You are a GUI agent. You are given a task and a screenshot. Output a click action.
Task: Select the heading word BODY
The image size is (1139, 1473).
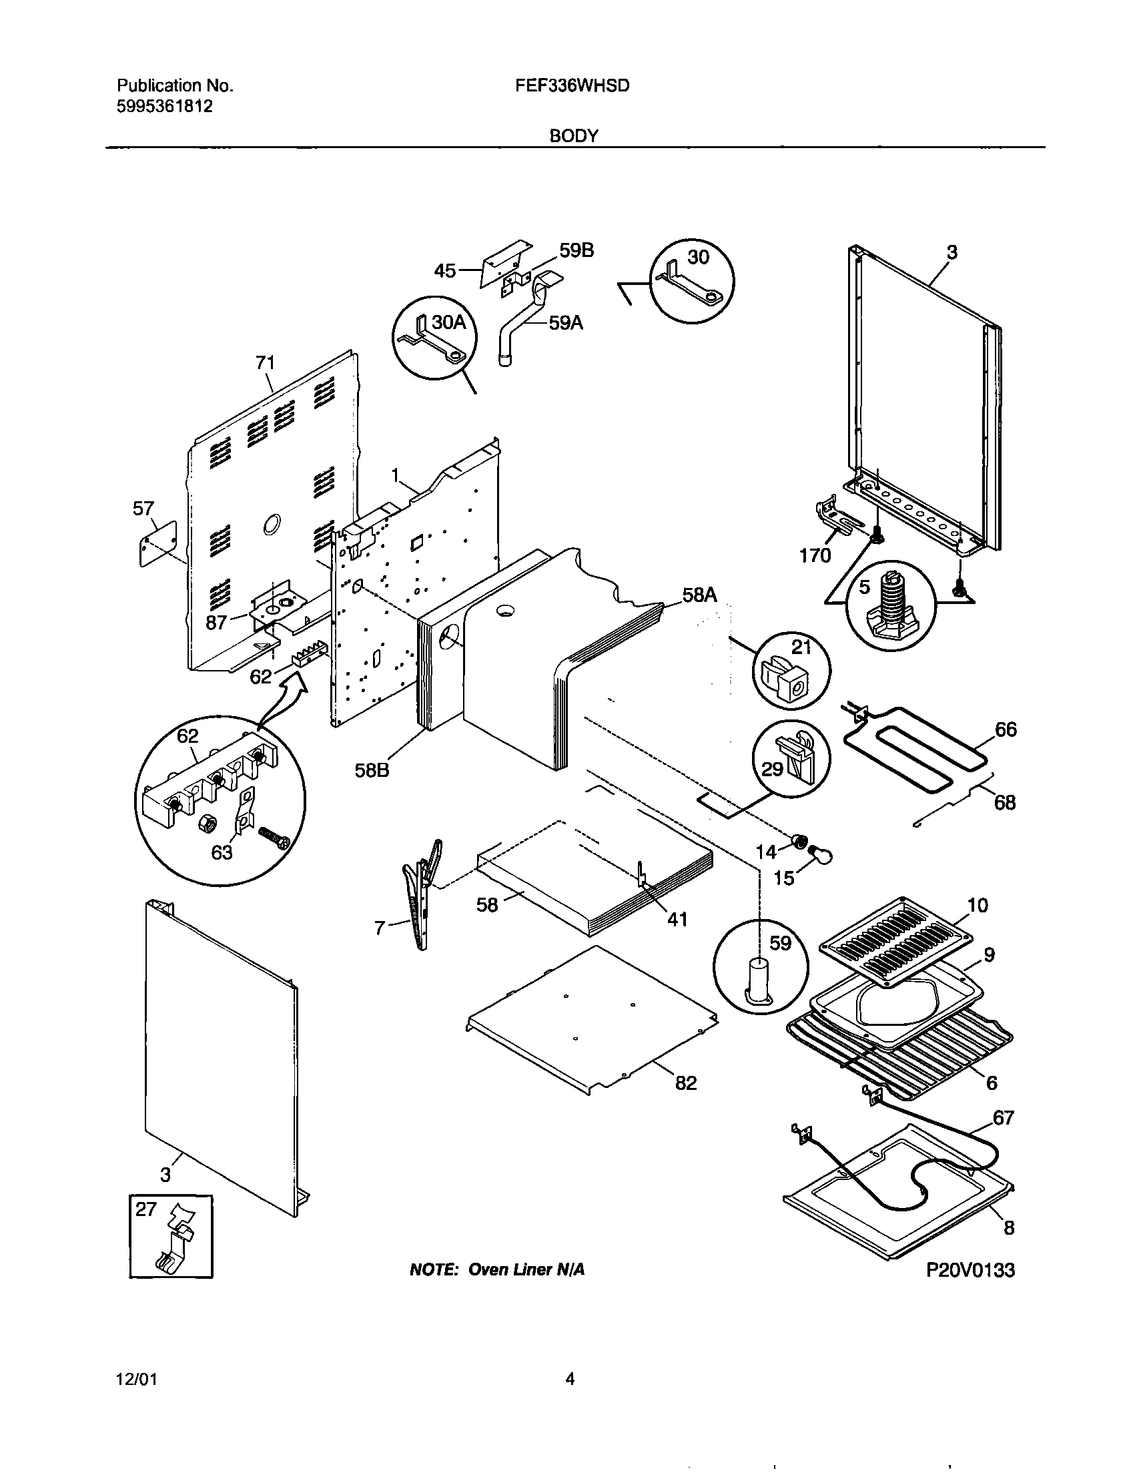coord(573,135)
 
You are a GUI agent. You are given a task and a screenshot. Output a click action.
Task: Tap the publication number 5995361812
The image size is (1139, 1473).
coord(165,106)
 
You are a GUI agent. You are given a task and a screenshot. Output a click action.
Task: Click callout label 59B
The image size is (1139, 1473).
coord(577,251)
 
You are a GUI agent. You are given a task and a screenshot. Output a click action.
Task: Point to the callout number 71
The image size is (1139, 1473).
coord(265,362)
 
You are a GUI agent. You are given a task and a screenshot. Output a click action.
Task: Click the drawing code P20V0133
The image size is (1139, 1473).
coord(970,1270)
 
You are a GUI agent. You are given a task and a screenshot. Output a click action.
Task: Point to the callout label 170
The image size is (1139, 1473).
coord(815,555)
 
